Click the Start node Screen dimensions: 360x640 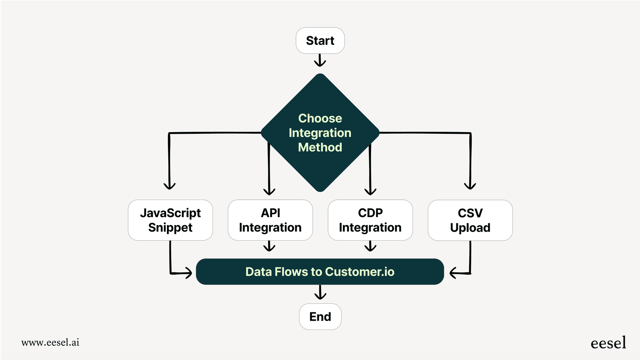click(320, 41)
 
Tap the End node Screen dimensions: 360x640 click(320, 317)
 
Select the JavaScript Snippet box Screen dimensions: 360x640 click(170, 220)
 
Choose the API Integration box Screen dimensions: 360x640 click(270, 220)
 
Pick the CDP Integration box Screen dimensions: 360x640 click(370, 220)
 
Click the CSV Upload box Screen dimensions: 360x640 click(470, 220)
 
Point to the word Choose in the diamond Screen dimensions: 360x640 click(320, 118)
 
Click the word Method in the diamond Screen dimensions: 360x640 click(320, 147)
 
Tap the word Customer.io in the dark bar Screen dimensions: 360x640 click(360, 272)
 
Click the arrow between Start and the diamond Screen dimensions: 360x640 click(320, 61)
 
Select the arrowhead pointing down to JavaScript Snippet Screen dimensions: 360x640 click(170, 186)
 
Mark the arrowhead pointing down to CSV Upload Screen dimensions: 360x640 click(470, 186)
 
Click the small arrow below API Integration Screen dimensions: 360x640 click(269, 246)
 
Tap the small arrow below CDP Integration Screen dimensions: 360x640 click(370, 246)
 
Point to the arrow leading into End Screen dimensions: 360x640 click(320, 293)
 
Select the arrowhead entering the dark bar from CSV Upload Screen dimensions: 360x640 click(454, 273)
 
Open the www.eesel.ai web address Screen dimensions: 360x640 click(50, 342)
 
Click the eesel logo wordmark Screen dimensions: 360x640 click(608, 343)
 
